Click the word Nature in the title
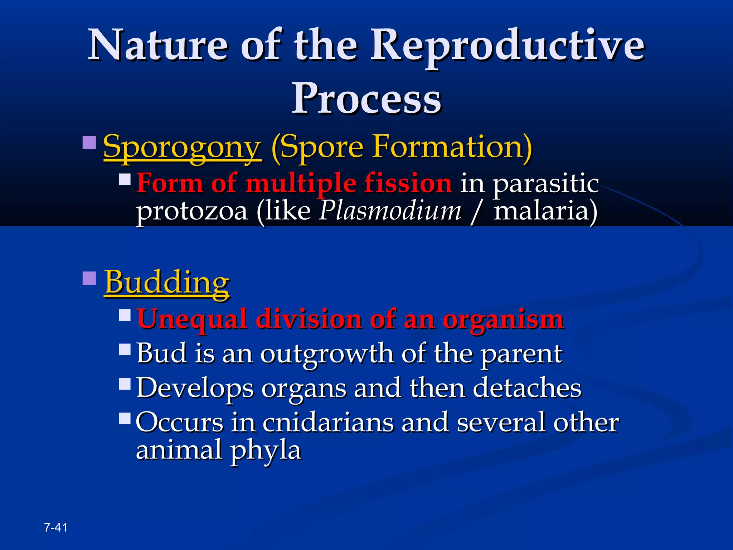[158, 45]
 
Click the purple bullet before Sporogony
[89, 142]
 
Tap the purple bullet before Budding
[89, 278]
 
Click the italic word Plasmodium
[390, 211]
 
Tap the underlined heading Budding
[167, 283]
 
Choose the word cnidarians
[327, 422]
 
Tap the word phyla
[265, 450]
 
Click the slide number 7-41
[56, 527]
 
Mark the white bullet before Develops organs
[125, 384]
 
